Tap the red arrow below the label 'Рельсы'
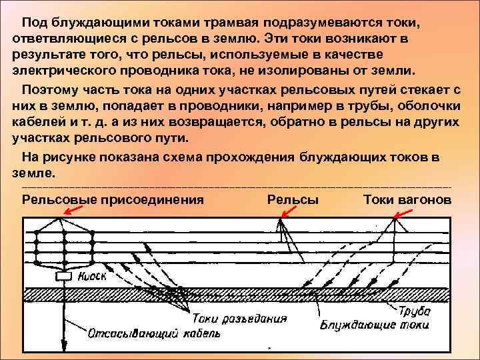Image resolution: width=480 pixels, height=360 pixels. (289, 211)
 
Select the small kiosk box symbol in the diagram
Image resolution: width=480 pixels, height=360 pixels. (65, 276)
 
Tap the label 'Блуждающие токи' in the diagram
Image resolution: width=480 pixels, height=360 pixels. (374, 325)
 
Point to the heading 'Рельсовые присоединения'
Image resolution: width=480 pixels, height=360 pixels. (113, 199)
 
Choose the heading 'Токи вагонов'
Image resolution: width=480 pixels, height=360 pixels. (407, 199)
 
